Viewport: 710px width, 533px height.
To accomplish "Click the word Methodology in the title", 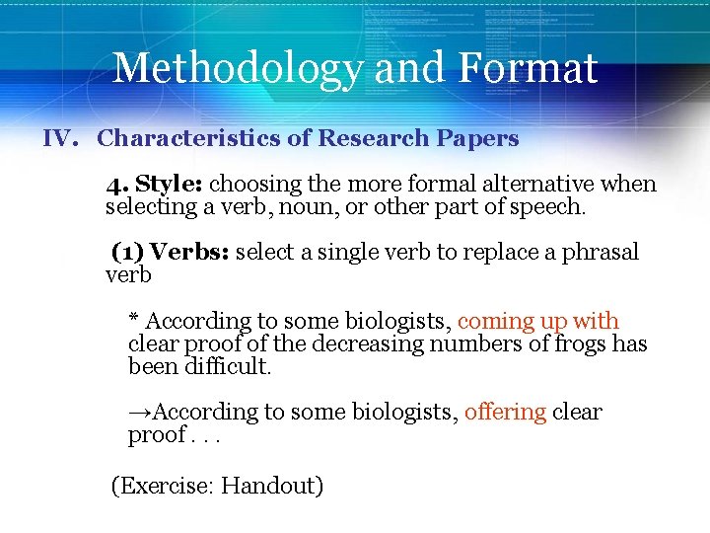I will tap(237, 69).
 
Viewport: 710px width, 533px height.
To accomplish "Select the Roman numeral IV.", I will tap(61, 138).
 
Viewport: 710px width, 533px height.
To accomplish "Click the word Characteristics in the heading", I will tap(187, 138).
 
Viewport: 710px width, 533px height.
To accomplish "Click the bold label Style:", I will tap(169, 185).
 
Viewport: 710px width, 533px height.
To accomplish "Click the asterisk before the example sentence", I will tap(134, 319).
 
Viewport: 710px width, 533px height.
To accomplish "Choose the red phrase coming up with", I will tap(538, 321).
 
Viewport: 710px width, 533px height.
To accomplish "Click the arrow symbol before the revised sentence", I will tap(141, 412).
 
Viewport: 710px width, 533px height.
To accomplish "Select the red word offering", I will tap(505, 412).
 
